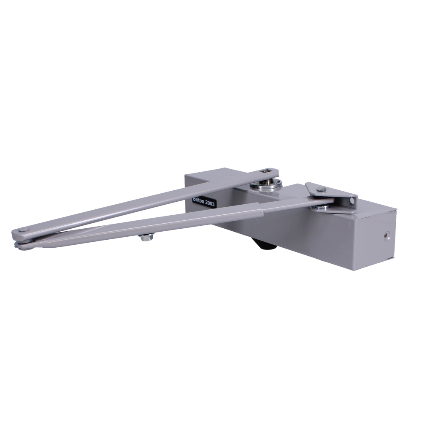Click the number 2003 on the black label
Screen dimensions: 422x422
pos(210,204)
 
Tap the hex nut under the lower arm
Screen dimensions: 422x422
pos(145,237)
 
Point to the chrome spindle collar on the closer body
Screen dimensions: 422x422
pos(265,185)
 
